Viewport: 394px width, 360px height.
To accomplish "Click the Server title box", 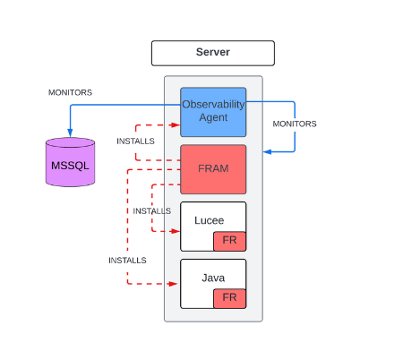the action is coord(213,53).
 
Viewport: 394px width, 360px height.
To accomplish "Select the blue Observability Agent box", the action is coord(213,112).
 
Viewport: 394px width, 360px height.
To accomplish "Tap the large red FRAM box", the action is coord(213,169).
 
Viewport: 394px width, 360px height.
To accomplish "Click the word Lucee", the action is coord(209,220).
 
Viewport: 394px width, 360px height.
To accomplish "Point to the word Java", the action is coord(213,278).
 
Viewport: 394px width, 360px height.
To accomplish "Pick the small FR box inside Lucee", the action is coord(229,241).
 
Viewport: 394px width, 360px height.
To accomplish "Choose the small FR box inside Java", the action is coord(229,298).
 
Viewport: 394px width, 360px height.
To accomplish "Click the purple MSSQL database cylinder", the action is coord(70,162).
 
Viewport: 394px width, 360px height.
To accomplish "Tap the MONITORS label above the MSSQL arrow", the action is coord(70,92).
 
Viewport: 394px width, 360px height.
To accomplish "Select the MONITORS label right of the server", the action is coord(295,124).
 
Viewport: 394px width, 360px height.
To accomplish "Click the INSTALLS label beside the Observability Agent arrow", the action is coord(135,141).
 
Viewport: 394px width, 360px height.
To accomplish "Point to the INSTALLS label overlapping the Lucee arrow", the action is coord(152,211).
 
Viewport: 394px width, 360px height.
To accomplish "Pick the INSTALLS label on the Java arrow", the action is coord(127,261).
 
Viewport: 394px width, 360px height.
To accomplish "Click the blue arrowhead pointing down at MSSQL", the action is coord(70,133).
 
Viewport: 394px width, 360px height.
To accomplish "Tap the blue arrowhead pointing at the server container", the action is coord(267,152).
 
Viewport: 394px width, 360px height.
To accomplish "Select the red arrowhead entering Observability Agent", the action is coord(176,125).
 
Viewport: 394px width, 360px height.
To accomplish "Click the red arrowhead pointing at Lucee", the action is coord(176,231).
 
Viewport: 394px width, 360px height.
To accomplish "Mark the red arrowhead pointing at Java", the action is coord(174,284).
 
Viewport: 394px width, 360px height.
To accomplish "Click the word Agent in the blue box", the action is coord(213,117).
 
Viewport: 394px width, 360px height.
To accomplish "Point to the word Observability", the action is coord(213,105).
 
